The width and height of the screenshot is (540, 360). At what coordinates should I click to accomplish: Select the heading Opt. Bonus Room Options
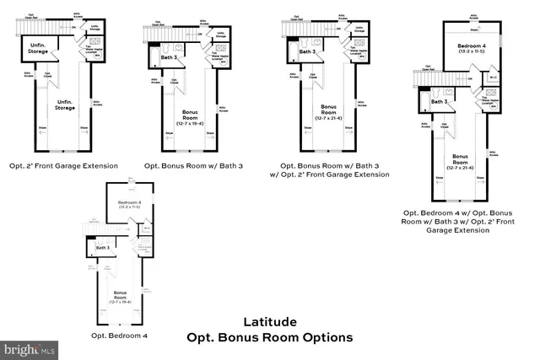(x=269, y=337)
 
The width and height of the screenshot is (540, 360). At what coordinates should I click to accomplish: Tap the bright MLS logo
(x=30, y=347)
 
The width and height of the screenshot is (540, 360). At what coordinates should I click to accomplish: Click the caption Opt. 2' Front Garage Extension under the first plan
(x=63, y=165)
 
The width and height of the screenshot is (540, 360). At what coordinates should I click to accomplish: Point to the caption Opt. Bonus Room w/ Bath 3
(x=193, y=165)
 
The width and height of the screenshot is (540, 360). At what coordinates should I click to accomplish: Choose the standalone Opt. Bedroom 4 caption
(x=120, y=335)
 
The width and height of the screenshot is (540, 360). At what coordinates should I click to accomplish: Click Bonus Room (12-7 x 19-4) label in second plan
(x=192, y=116)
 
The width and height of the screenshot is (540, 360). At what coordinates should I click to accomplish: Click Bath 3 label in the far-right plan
(x=439, y=102)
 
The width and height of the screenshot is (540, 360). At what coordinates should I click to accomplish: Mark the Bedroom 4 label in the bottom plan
(x=129, y=208)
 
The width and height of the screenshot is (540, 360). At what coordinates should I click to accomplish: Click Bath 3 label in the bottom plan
(x=103, y=248)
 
